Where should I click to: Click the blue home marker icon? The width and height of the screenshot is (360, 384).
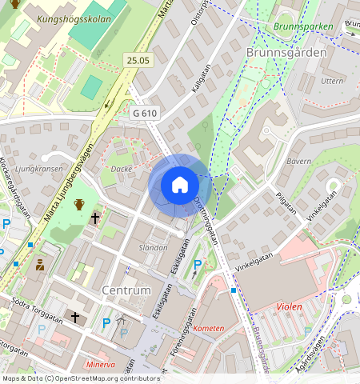pos(180,185)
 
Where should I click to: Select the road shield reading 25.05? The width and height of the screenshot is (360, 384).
pos(138,60)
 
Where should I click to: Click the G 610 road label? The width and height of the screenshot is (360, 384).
pos(145,114)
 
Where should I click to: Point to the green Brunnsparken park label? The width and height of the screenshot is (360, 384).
pos(302,26)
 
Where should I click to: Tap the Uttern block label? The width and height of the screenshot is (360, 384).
pos(331,82)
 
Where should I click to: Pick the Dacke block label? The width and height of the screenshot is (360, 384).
pos(122,169)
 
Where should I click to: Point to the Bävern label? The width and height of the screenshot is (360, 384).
pos(298,162)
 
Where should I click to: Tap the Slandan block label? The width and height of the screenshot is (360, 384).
pos(154,248)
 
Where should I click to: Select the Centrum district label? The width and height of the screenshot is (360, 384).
pos(126,289)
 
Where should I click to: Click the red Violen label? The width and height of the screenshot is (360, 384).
pos(289,306)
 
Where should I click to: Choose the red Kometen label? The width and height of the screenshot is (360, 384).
pos(209,328)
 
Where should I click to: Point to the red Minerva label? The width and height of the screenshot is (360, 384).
pos(100,364)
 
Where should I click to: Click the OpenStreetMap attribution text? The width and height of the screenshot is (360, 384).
pos(80,378)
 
